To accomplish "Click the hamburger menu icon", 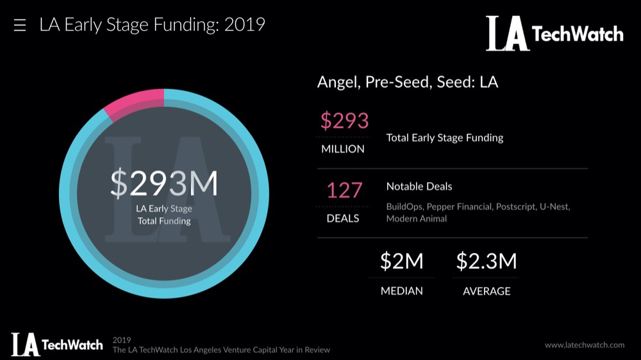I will point(20,26).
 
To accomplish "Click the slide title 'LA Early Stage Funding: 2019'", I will point(152,25).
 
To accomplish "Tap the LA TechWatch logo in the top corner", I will point(554,33).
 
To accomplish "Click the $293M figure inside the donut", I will point(164,183).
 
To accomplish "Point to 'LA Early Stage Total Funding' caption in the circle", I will point(164,215).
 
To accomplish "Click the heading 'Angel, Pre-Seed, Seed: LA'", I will point(408,82).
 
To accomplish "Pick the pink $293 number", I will point(344,120).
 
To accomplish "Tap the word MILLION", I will point(343,149).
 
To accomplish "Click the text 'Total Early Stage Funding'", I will point(445,138).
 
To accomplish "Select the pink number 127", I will point(344,190).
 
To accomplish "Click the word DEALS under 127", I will point(343,218).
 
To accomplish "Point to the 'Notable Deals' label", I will point(419,186).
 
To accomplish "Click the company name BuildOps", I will point(404,207).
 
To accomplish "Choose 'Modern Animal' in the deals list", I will point(416,219).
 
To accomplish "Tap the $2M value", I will point(402,261).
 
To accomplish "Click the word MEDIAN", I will point(402,291).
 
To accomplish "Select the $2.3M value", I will point(487,261).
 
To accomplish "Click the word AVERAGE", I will point(487,291).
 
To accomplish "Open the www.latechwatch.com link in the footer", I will point(585,345).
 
